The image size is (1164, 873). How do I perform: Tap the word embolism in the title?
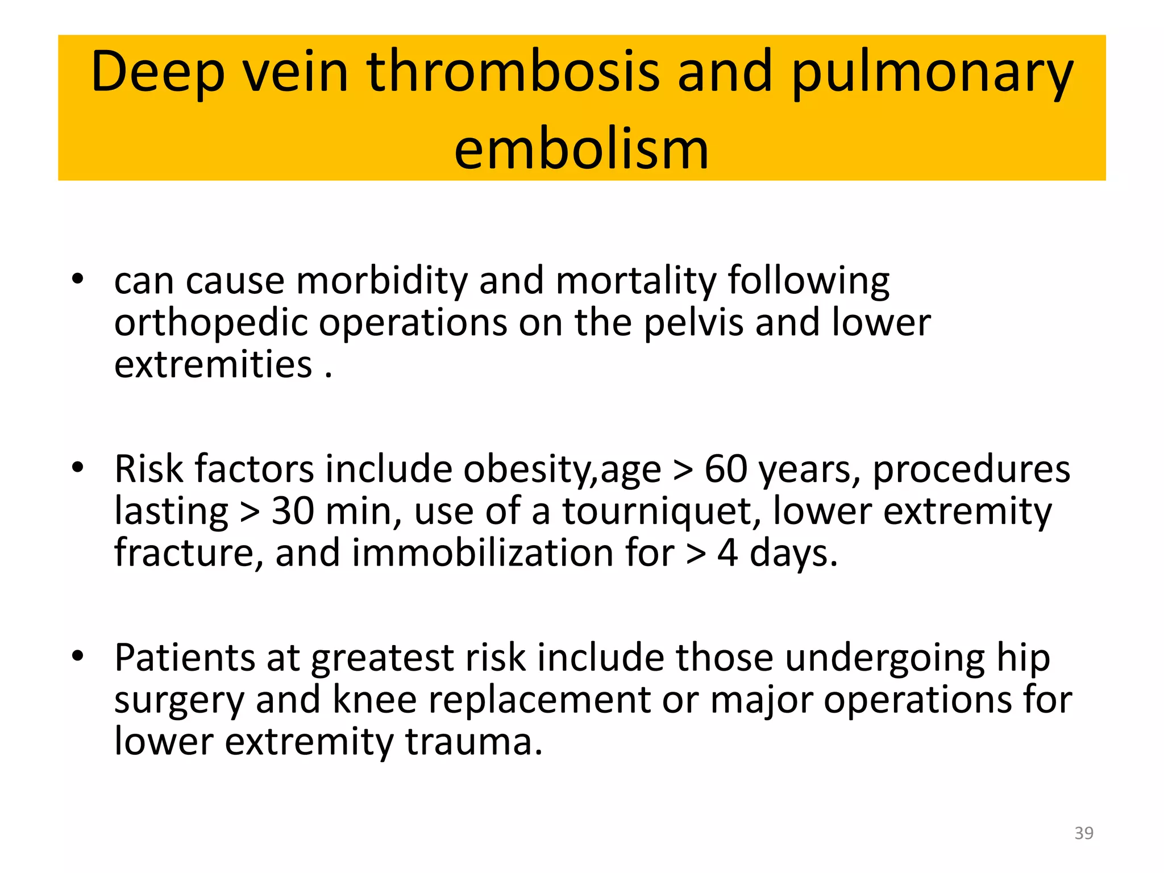581,149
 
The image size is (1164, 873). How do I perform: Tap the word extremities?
213,364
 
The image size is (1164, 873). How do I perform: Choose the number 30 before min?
293,511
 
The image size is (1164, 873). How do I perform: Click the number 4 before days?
727,553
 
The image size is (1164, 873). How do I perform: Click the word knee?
375,700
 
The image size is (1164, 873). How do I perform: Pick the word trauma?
474,742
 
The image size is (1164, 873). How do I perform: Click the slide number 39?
1083,833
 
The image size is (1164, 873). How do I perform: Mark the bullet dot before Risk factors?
78,468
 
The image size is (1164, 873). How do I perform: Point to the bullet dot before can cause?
78,279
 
